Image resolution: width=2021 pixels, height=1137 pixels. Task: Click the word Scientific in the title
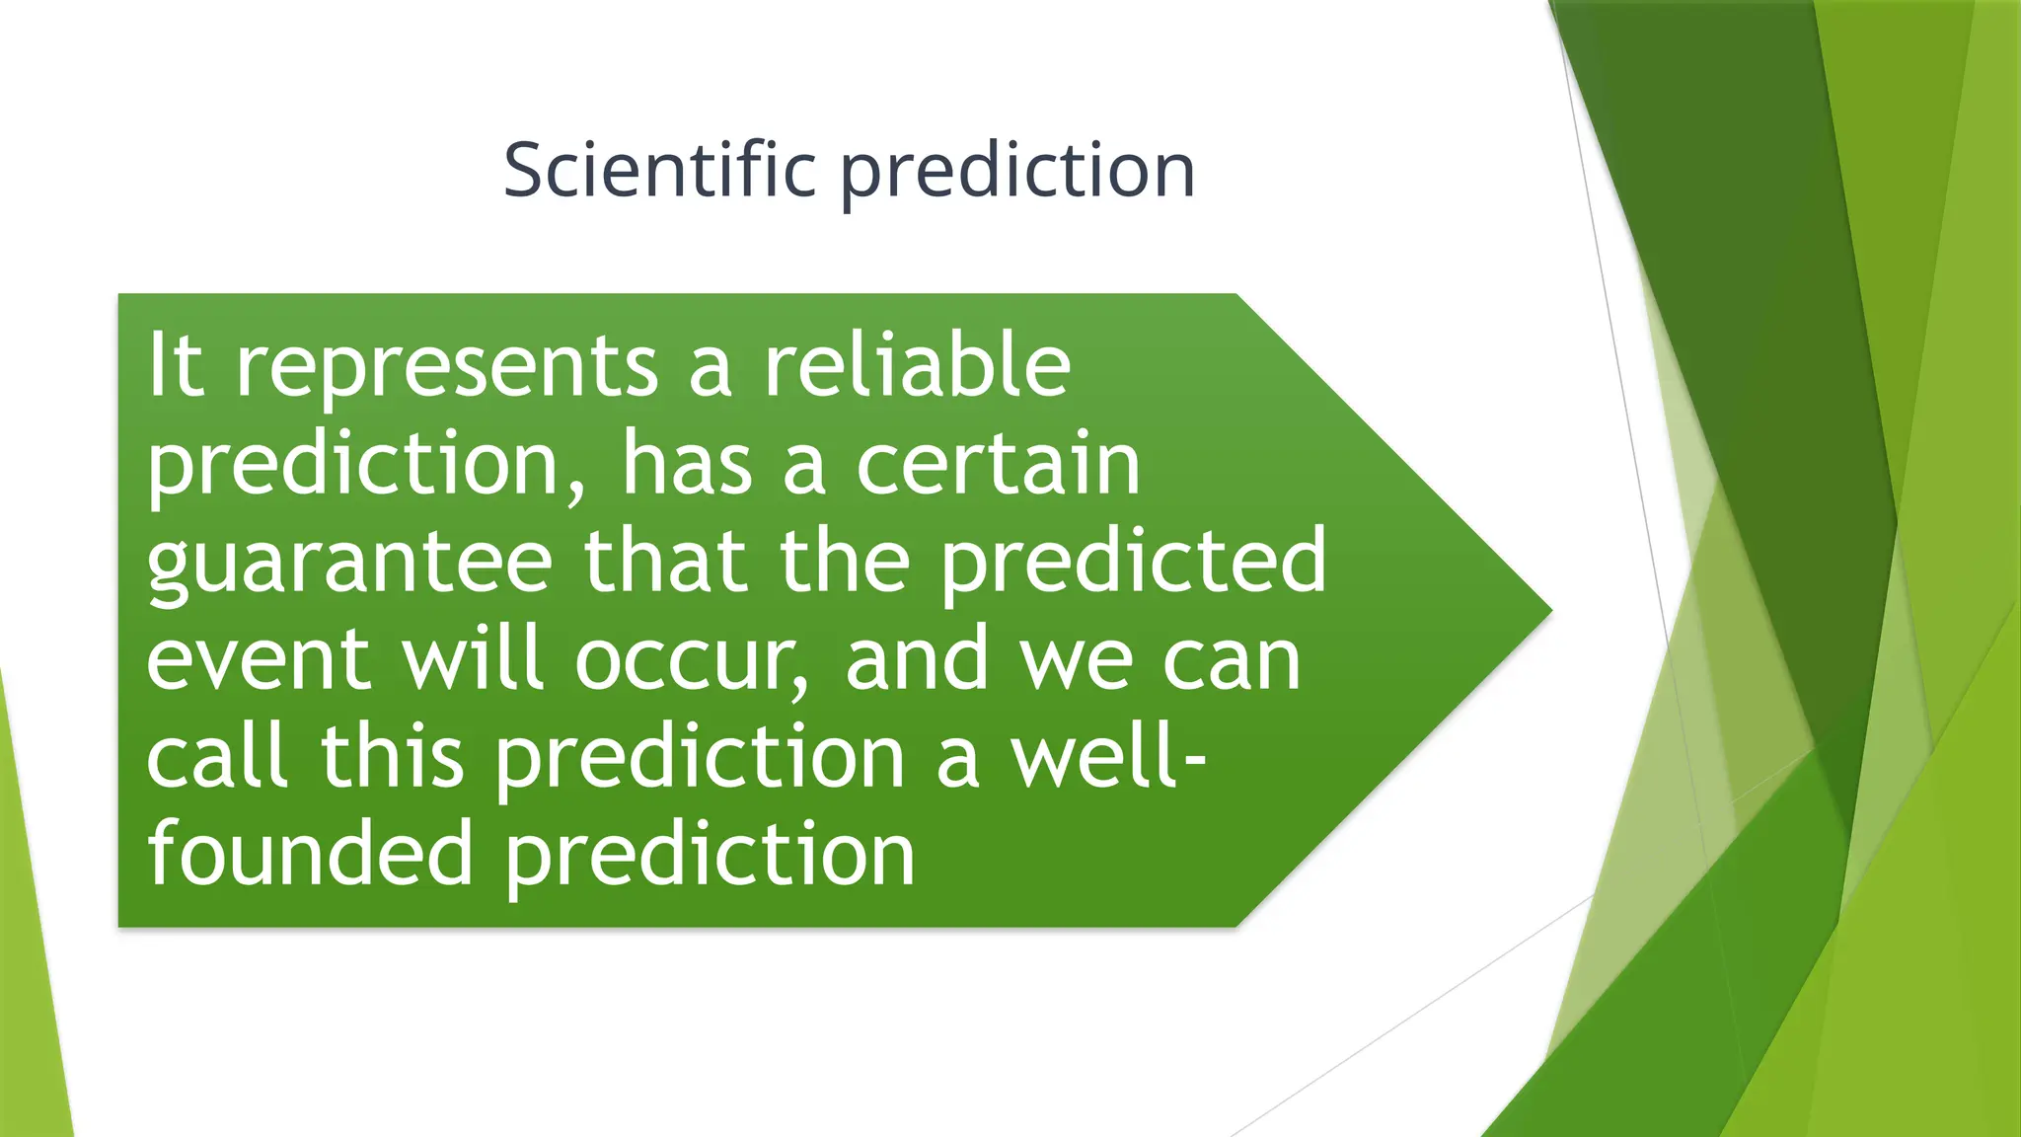[659, 170]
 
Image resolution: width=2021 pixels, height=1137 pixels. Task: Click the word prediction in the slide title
[1017, 173]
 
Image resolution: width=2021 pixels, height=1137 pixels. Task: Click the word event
[259, 659]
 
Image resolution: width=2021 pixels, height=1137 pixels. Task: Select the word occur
[692, 659]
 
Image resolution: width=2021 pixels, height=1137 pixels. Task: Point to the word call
[218, 755]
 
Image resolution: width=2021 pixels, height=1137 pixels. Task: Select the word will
[473, 657]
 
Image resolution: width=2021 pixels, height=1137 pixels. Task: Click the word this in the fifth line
[392, 755]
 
